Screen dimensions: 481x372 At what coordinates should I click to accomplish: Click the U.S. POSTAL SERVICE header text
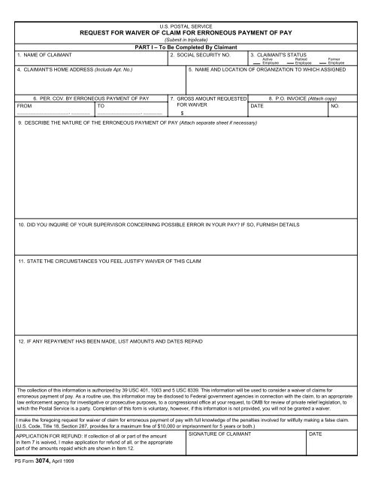pyautogui.click(x=186, y=26)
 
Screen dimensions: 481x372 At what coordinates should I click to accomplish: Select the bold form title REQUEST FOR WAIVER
pyautogui.click(x=186, y=33)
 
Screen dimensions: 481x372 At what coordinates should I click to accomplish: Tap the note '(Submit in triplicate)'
pyautogui.click(x=186, y=41)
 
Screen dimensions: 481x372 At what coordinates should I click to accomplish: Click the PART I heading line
pyautogui.click(x=186, y=48)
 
